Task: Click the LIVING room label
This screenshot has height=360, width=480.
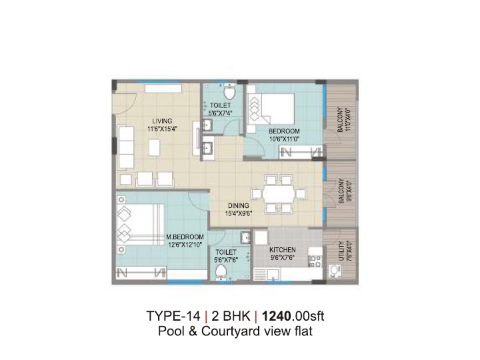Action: click(x=162, y=121)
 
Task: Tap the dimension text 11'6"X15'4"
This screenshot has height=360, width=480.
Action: click(x=162, y=129)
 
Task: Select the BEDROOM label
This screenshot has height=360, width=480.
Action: click(x=284, y=131)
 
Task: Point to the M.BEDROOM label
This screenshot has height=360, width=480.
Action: click(x=185, y=237)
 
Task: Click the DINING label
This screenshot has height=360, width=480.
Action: click(x=238, y=206)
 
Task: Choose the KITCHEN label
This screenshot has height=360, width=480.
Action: click(x=283, y=250)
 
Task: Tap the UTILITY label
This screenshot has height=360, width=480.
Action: click(x=341, y=251)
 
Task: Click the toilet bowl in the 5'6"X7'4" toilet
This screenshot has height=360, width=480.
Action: click(x=229, y=91)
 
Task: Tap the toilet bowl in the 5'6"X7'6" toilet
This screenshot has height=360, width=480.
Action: click(x=221, y=271)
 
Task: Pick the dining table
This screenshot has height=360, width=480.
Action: click(x=279, y=194)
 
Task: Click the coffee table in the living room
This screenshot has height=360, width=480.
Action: click(x=155, y=147)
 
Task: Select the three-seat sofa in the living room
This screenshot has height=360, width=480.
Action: click(x=125, y=147)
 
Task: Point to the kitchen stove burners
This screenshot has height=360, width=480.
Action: click(x=315, y=261)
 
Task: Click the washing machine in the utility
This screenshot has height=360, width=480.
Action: click(x=335, y=271)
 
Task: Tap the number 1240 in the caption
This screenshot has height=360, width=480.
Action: click(x=277, y=316)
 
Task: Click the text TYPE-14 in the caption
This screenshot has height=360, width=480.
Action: click(x=173, y=316)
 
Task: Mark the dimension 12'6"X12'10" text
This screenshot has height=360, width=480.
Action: click(x=185, y=245)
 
